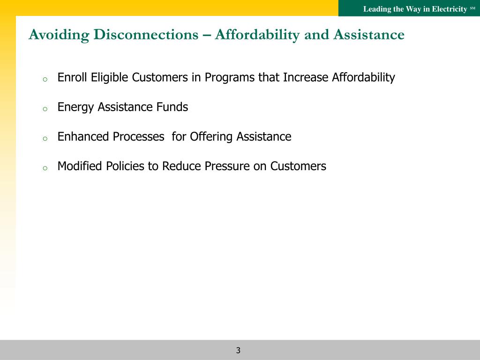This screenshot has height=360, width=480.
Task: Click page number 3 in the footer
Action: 238,350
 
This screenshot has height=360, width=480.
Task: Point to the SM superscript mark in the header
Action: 472,8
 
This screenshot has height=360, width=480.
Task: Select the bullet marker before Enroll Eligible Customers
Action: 45,80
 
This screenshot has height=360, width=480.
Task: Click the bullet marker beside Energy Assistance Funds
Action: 45,109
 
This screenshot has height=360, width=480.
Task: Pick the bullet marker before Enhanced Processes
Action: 45,139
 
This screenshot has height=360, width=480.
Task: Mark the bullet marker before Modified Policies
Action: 45,168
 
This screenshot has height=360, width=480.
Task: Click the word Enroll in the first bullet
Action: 72,77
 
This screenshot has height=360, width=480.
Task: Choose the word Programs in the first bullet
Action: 230,78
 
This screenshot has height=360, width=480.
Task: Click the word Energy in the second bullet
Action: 75,107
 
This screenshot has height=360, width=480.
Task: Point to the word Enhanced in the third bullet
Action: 83,136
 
